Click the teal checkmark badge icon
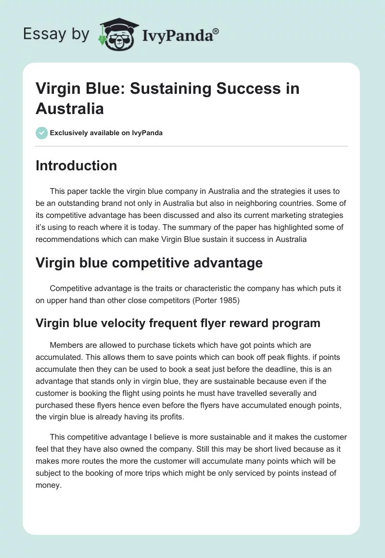coord(42,133)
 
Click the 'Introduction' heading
coord(77,165)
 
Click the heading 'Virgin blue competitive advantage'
coord(149,263)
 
